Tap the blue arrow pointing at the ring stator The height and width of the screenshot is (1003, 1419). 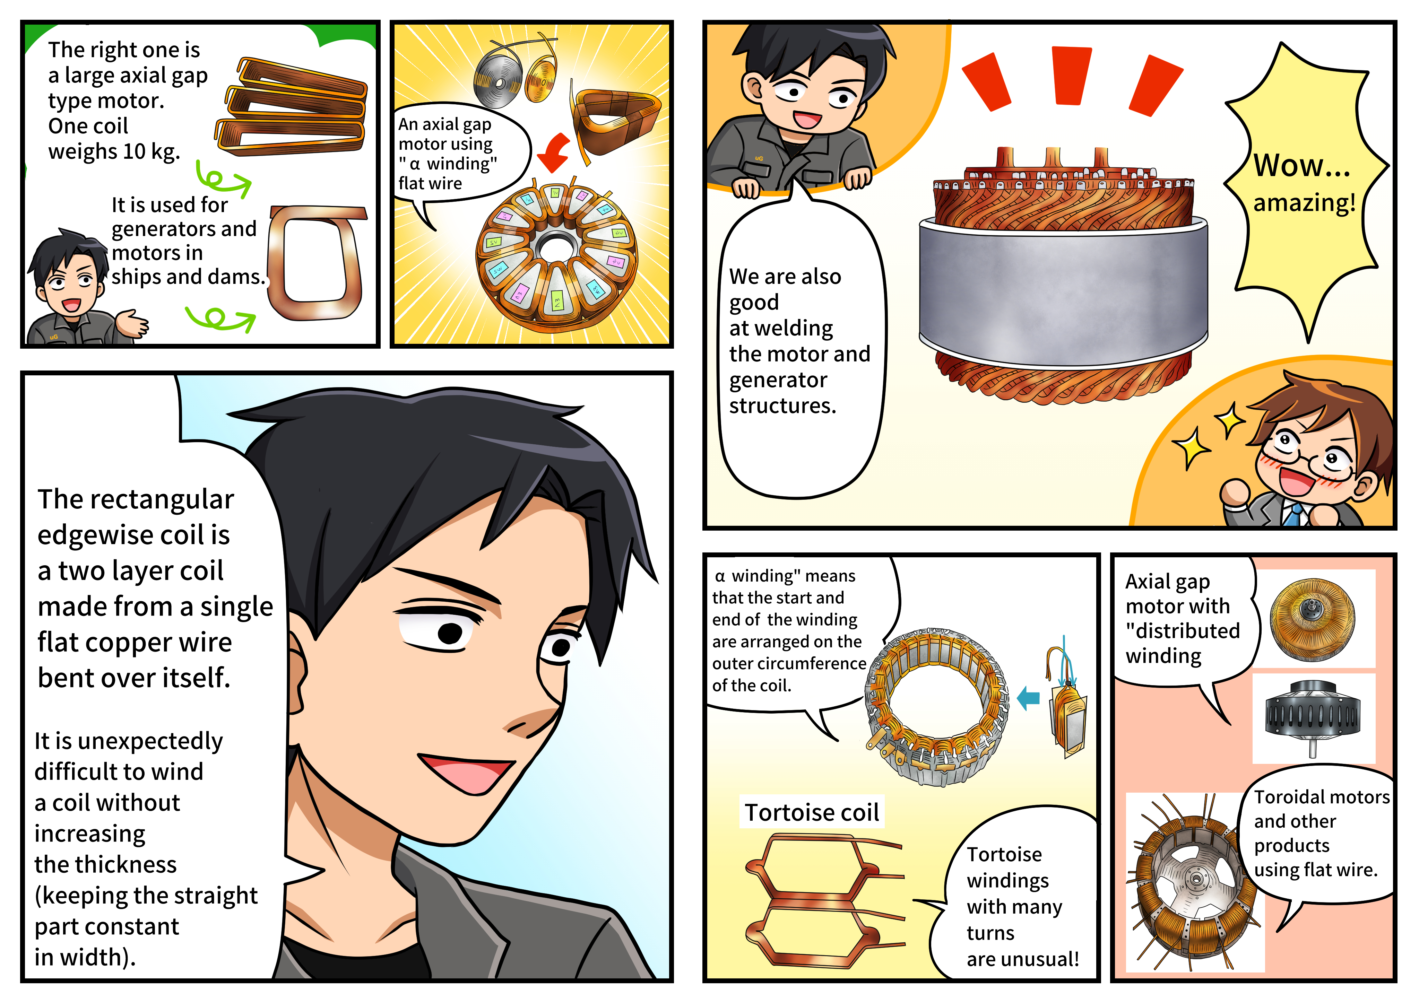1029,698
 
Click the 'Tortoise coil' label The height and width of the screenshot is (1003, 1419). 812,812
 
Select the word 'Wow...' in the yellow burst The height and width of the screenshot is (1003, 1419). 1301,166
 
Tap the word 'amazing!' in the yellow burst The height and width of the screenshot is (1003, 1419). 1304,203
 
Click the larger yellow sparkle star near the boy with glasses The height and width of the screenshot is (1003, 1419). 1190,446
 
